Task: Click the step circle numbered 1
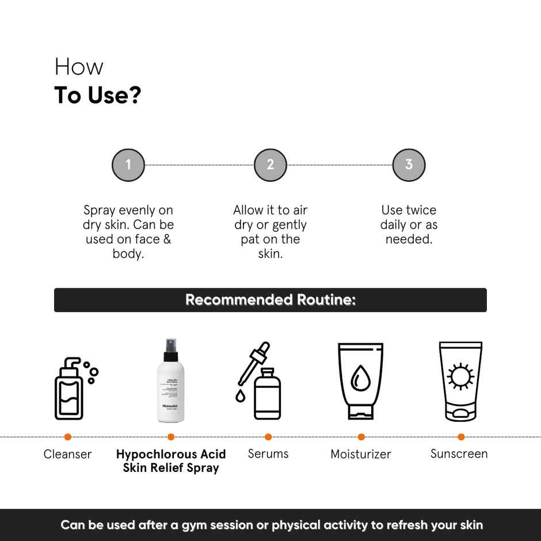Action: coord(128,165)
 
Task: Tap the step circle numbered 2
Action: coord(270,165)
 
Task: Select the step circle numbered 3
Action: coord(409,165)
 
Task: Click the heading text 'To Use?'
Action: coord(97,96)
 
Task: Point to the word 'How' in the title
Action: coord(79,67)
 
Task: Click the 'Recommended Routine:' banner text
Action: coord(270,300)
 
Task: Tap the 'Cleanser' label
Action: coord(67,454)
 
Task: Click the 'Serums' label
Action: coord(268,454)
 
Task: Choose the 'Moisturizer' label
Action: coord(361,454)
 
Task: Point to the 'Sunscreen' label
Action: coord(459,454)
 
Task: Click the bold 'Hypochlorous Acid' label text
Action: coord(171,454)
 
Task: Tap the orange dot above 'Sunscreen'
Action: coord(461,437)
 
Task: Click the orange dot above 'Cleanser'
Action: coord(67,437)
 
